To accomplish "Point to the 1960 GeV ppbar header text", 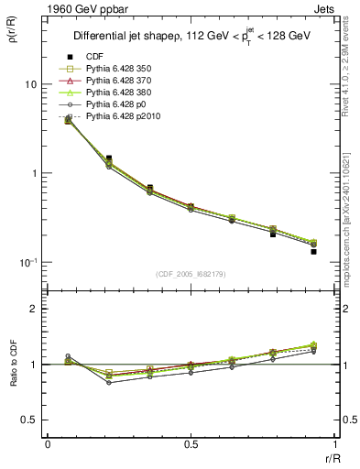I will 48,7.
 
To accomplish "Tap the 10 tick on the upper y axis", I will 30,84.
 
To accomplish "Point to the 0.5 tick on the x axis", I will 191,444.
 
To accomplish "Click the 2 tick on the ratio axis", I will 34,310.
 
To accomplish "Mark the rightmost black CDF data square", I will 313,250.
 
